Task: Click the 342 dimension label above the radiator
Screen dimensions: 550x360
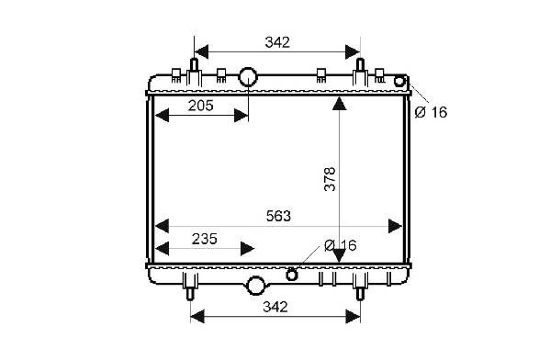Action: [277, 42]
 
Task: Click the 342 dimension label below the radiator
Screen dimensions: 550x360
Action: [275, 307]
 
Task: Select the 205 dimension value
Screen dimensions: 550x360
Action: [201, 106]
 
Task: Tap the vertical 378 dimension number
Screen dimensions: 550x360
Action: [330, 179]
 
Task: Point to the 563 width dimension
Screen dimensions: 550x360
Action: [278, 216]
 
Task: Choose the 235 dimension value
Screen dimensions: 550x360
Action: [205, 239]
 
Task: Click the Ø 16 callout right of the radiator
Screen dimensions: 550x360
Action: [431, 112]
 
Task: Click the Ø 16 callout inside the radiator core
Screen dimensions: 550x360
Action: [341, 245]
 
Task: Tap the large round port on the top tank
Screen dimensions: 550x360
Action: [248, 77]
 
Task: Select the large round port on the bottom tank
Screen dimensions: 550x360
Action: [255, 286]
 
